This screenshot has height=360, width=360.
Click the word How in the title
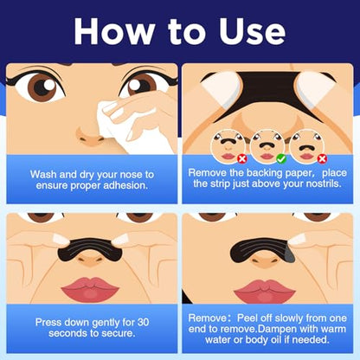(114, 31)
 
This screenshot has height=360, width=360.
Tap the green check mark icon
(281, 158)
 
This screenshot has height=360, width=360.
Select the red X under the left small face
(242, 158)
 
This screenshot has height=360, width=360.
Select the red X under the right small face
(322, 158)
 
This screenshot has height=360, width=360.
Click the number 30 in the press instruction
(143, 322)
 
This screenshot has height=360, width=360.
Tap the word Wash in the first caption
(43, 175)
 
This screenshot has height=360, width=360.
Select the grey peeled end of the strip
(288, 254)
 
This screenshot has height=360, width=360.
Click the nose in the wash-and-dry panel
(90, 136)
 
